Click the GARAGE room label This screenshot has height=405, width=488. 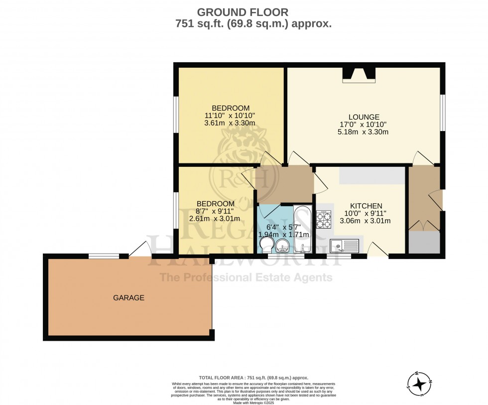click(128, 298)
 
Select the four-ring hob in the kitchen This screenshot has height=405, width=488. click(324, 219)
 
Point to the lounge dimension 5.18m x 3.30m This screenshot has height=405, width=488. click(363, 132)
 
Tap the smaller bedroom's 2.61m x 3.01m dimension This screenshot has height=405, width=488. click(215, 218)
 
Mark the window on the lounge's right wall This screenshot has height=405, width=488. click(443, 112)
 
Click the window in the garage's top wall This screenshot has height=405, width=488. click(104, 257)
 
